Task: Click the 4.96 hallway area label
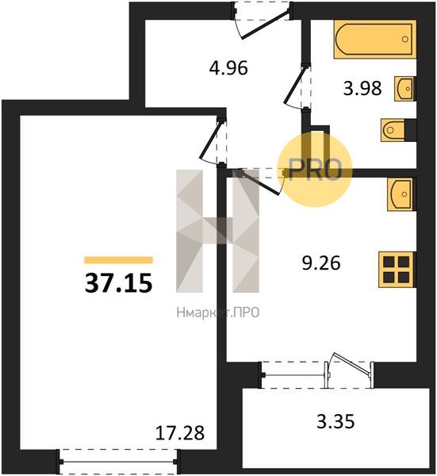click(228, 68)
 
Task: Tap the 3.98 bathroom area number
click(362, 89)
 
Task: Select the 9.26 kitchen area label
click(321, 263)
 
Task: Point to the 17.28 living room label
click(180, 433)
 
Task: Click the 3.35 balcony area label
click(335, 421)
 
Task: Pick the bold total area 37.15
click(118, 283)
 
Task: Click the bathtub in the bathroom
click(375, 39)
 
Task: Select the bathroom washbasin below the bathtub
click(404, 89)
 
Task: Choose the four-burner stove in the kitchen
click(397, 269)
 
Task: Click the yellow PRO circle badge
click(316, 170)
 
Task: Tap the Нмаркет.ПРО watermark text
click(218, 313)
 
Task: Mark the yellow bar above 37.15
click(118, 260)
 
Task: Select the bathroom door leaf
click(294, 85)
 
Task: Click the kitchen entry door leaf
click(260, 182)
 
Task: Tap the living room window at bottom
click(118, 462)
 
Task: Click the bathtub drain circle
click(405, 39)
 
